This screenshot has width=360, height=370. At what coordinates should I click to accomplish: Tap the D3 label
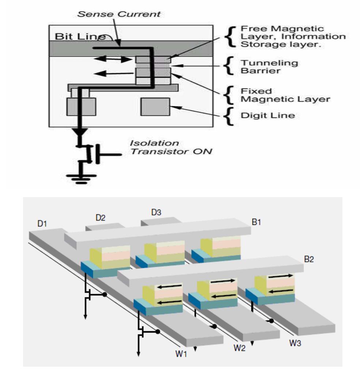[x=156, y=212]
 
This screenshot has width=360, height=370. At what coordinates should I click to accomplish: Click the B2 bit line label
[x=309, y=259]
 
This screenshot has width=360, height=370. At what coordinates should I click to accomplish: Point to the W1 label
[x=180, y=354]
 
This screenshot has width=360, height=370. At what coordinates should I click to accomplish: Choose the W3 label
[x=295, y=344]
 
